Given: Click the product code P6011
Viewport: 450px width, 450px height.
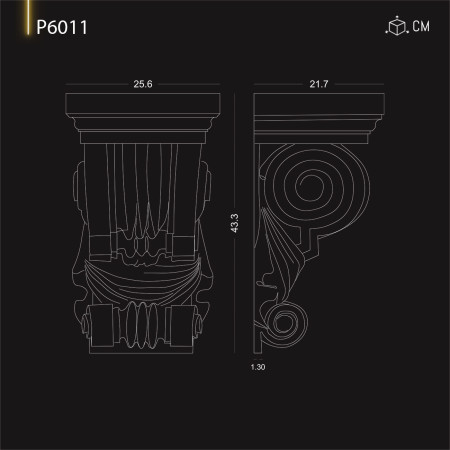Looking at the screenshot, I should click(62, 27).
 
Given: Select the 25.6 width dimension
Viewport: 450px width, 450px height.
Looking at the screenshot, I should click(141, 84).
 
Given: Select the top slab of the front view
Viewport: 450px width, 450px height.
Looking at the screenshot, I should click(141, 105).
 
